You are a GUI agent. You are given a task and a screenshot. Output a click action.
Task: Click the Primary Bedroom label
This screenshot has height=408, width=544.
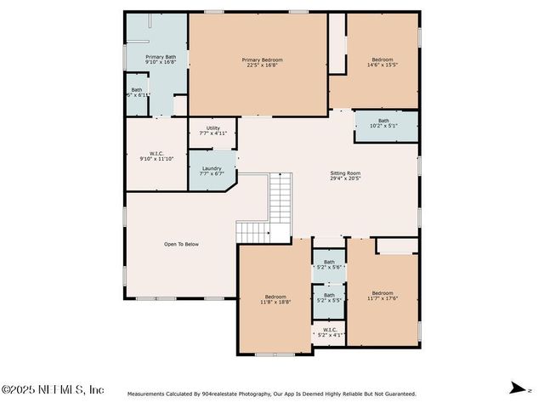coord(262,59)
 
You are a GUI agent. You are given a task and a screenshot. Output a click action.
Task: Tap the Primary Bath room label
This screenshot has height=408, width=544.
coord(160,57)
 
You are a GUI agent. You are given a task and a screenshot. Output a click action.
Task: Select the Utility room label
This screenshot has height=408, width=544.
coord(212,128)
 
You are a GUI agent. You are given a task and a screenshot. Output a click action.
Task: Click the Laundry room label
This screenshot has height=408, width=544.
coord(212,168)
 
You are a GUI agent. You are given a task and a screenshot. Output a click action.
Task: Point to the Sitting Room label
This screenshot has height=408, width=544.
coord(346,173)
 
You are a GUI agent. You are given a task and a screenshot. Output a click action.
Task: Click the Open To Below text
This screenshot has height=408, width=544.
coord(181,244)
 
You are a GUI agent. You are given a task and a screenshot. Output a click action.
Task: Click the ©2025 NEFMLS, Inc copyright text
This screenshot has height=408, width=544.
coord(53,389)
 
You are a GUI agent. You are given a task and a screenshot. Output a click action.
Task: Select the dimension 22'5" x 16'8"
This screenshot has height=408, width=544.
coord(262,65)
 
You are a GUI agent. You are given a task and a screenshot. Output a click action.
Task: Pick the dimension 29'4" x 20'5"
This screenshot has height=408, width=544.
coord(346,178)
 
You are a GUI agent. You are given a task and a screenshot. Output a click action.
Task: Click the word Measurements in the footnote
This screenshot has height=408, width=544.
coord(148,394)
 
